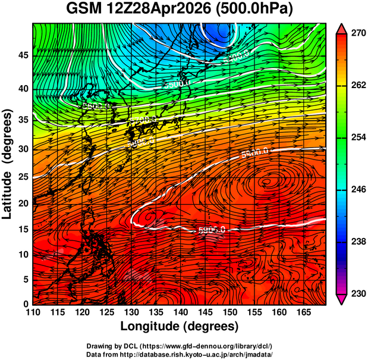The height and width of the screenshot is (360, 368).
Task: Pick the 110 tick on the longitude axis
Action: click(33, 312)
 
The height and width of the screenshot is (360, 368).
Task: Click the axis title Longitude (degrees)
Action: click(180, 327)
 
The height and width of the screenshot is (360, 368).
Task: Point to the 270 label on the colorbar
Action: click(357, 34)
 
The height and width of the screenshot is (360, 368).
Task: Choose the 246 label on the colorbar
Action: click(357, 190)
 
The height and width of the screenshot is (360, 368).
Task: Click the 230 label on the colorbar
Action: click(357, 293)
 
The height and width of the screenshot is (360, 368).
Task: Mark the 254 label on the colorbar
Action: click(357, 137)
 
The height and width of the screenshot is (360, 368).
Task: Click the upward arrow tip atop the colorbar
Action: click(342, 27)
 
